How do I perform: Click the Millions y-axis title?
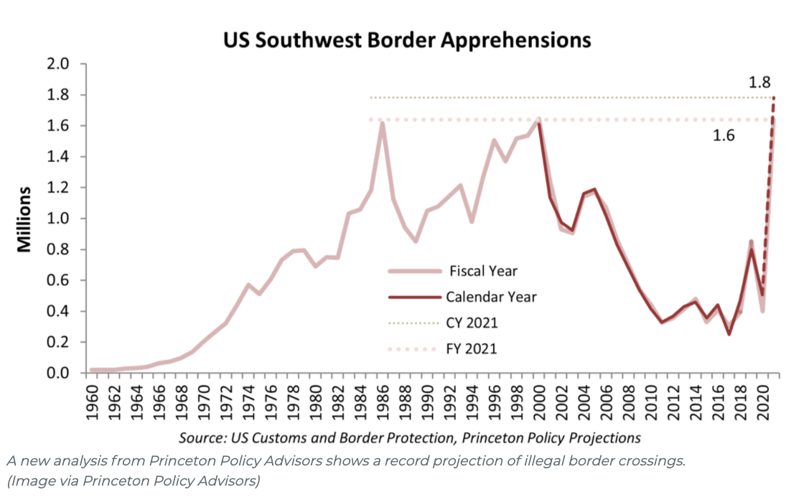point(24,219)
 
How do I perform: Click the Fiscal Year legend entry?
point(482,272)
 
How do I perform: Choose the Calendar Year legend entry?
point(491,297)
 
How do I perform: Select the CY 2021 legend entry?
point(472,323)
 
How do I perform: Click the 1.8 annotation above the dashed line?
point(759,81)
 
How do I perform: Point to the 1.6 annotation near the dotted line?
point(724,136)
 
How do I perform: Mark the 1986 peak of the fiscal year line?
point(383,123)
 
